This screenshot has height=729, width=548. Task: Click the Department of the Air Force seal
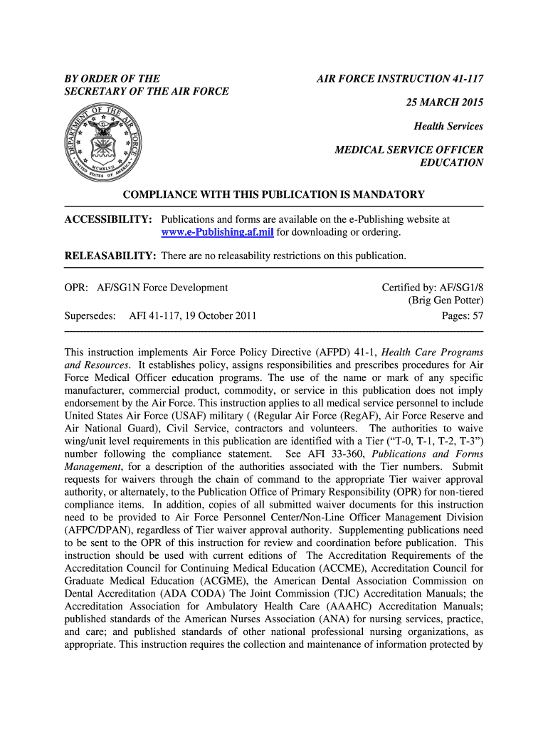click(103, 140)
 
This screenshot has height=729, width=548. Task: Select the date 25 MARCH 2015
click(444, 103)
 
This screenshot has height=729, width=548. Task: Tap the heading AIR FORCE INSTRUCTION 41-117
click(400, 78)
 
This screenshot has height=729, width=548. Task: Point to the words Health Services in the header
click(448, 126)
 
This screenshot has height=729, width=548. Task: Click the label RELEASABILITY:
click(110, 256)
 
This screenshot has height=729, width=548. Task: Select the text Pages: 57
click(463, 315)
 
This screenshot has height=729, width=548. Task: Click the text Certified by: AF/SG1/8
click(432, 288)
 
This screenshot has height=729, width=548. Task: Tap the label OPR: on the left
click(76, 288)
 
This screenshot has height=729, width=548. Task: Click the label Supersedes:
click(90, 315)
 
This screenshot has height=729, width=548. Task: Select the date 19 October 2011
click(215, 315)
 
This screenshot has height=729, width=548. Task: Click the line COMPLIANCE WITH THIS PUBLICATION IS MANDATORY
click(274, 194)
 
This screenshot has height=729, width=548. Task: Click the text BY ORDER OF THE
click(112, 78)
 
